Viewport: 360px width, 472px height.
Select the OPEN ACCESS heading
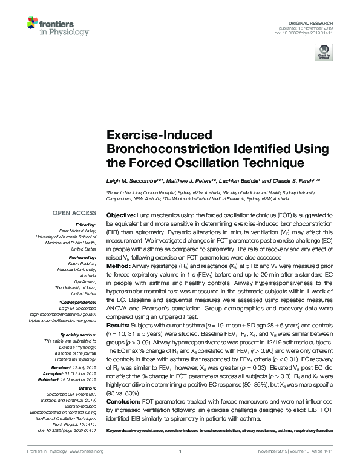tap(74, 213)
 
